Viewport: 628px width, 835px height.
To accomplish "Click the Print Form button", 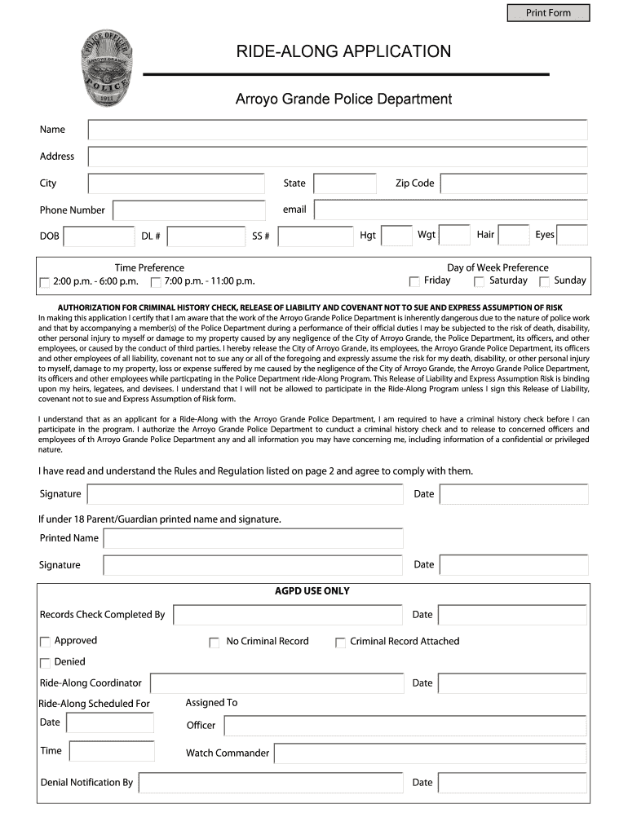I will (x=548, y=13).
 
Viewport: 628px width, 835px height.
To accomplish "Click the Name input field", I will (x=338, y=130).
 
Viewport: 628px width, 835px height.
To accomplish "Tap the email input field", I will (x=450, y=210).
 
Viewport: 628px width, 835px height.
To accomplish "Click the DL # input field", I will (x=206, y=236).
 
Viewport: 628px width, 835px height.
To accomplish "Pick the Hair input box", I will (x=514, y=236).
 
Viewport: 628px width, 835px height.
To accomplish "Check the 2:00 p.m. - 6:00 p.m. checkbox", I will (x=45, y=283).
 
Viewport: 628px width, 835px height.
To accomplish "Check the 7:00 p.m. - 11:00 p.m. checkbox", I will (x=156, y=283).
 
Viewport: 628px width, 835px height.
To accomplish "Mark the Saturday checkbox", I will (x=480, y=282).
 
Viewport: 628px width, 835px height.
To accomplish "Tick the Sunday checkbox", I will (x=544, y=282).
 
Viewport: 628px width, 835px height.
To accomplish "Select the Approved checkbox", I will (x=45, y=642).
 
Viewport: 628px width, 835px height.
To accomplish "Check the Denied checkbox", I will (x=45, y=663).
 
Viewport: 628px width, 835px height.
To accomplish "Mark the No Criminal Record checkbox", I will (x=214, y=643).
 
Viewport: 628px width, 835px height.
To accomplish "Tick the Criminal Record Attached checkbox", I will (x=340, y=643).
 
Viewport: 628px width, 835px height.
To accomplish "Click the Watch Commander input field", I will (x=430, y=753).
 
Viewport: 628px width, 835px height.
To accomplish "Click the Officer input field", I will (x=405, y=726).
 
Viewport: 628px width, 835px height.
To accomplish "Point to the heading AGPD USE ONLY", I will (x=312, y=591).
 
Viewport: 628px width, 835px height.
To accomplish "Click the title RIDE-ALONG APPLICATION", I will (x=343, y=52).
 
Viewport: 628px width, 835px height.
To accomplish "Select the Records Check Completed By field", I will (x=288, y=615).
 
